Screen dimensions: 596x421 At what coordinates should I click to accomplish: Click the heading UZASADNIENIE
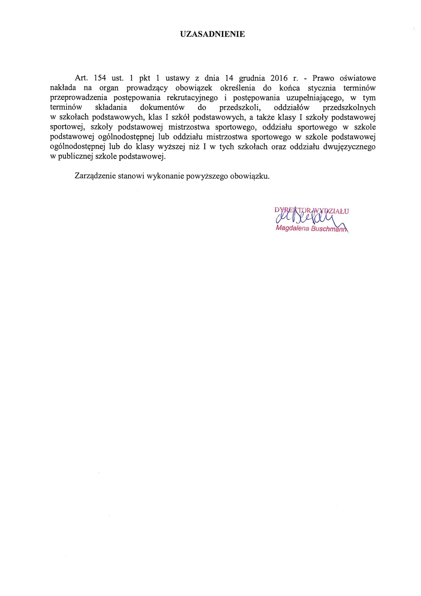(212, 34)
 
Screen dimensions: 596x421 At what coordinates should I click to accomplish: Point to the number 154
(100, 78)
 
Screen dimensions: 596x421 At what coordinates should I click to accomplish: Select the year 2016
(279, 78)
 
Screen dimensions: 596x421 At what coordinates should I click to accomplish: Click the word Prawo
(323, 78)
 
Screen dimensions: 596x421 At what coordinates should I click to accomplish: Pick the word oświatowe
(357, 78)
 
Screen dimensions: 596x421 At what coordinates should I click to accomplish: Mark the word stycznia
(322, 88)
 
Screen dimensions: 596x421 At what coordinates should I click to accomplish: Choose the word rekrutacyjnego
(192, 98)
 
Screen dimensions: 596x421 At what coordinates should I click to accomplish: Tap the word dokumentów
(162, 108)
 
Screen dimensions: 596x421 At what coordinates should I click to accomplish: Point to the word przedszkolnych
(349, 108)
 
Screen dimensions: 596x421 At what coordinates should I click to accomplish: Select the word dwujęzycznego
(349, 147)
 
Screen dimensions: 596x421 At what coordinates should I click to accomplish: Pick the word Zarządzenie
(95, 176)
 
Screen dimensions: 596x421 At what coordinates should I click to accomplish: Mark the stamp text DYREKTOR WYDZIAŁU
(311, 211)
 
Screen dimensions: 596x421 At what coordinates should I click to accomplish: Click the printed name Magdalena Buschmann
(311, 228)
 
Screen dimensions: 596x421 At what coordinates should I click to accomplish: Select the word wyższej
(171, 147)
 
